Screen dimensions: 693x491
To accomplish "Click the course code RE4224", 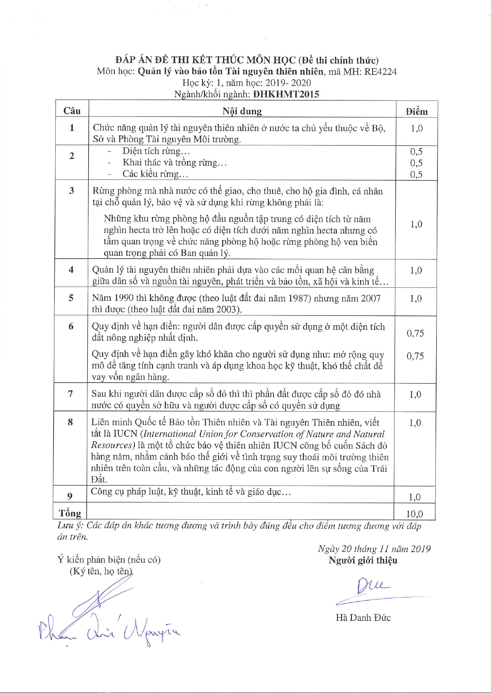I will point(380,72).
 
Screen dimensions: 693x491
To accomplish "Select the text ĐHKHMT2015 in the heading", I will point(286,94).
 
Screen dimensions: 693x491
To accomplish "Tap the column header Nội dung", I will point(242,111).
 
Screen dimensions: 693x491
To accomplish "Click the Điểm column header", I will point(416,111).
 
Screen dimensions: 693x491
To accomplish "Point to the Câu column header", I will point(72,111).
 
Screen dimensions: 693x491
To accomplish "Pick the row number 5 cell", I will point(71,298).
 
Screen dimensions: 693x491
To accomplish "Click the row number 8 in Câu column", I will point(70,422).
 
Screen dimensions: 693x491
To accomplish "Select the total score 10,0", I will point(414,513).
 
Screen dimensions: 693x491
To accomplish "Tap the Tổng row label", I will point(70,513).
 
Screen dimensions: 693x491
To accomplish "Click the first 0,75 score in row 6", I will point(415,333).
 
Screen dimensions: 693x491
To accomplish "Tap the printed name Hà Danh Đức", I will point(363,618).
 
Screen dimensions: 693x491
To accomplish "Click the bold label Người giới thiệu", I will point(363,560).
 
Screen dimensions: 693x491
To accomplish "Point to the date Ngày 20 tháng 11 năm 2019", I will point(374,549).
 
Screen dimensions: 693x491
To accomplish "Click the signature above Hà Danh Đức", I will point(371,589).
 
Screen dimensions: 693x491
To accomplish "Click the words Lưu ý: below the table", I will point(70,526).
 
